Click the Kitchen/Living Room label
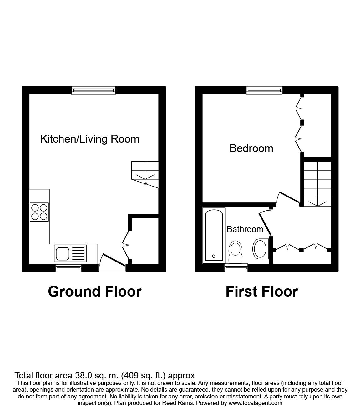(90, 139)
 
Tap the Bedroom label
(251, 148)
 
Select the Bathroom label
(245, 229)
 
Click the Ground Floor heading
(95, 292)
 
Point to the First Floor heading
(261, 292)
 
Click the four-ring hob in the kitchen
(39, 212)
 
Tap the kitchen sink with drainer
(70, 253)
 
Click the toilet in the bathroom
(236, 252)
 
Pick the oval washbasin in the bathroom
(260, 249)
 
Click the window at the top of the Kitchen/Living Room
(94, 90)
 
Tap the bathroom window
(236, 267)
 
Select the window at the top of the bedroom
(264, 90)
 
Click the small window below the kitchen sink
(68, 267)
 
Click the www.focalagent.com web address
(256, 403)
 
